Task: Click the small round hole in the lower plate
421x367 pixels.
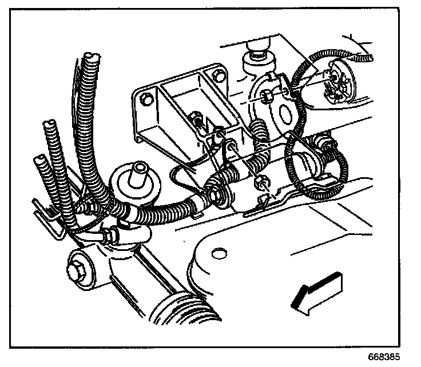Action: (216, 253)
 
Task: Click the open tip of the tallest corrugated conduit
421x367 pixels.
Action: (88, 57)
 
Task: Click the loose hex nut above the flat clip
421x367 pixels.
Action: (260, 182)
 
